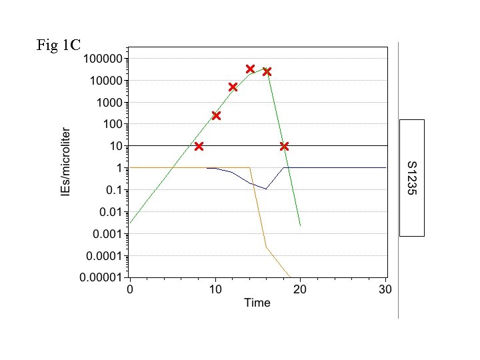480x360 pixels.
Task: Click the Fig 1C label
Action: pyautogui.click(x=59, y=45)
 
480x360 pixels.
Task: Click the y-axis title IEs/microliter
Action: pyautogui.click(x=65, y=162)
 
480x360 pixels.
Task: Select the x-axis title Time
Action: pyautogui.click(x=257, y=303)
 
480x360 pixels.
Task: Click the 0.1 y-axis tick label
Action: pyautogui.click(x=115, y=190)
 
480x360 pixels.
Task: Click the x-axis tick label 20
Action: pyautogui.click(x=301, y=289)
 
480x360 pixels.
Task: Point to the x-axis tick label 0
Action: pyautogui.click(x=130, y=289)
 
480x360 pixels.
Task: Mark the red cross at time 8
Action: pyautogui.click(x=199, y=146)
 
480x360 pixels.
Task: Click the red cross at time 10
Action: pyautogui.click(x=216, y=115)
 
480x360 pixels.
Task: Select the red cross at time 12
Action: pyautogui.click(x=233, y=87)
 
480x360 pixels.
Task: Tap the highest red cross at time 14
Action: pyautogui.click(x=250, y=69)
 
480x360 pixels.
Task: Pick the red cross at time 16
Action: pyautogui.click(x=267, y=71)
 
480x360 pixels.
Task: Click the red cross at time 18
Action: pyautogui.click(x=284, y=146)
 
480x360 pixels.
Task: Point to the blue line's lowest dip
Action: pyautogui.click(x=266, y=189)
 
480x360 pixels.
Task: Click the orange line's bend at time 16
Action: pyautogui.click(x=266, y=247)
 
